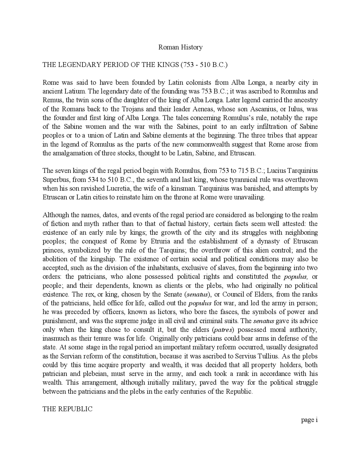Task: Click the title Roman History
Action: (180, 47)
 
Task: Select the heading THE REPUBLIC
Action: (67, 409)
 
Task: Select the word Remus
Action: (52, 100)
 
